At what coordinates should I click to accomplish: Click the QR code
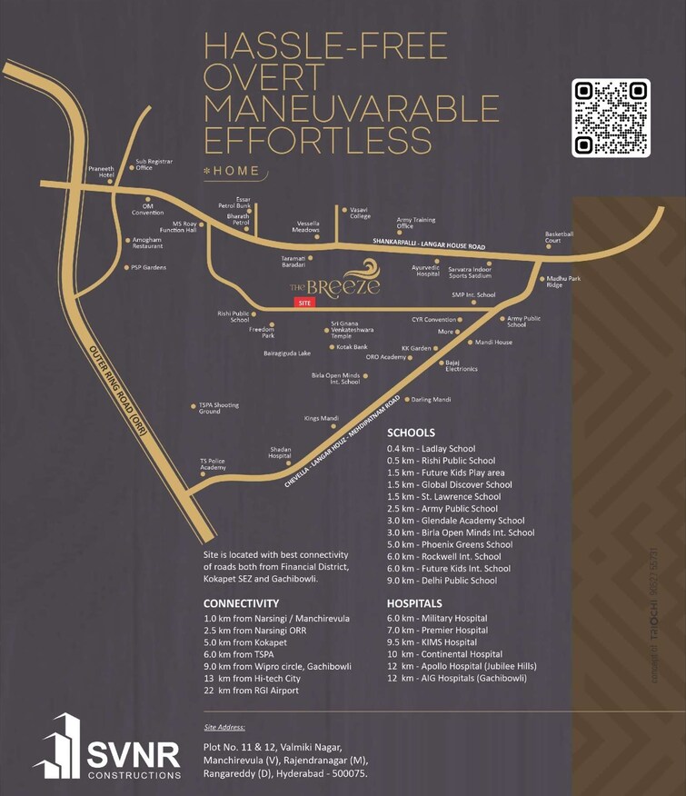611,118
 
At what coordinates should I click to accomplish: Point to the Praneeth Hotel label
100,172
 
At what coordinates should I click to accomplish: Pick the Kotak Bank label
352,347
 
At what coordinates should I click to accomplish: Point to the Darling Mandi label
431,400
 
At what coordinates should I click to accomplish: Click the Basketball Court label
559,237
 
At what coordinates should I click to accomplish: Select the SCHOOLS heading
411,433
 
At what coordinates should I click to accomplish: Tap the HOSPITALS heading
414,602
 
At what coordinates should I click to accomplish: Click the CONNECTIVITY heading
241,602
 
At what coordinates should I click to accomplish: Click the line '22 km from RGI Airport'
251,690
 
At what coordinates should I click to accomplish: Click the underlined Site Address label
225,727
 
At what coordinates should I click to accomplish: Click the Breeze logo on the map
332,282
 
